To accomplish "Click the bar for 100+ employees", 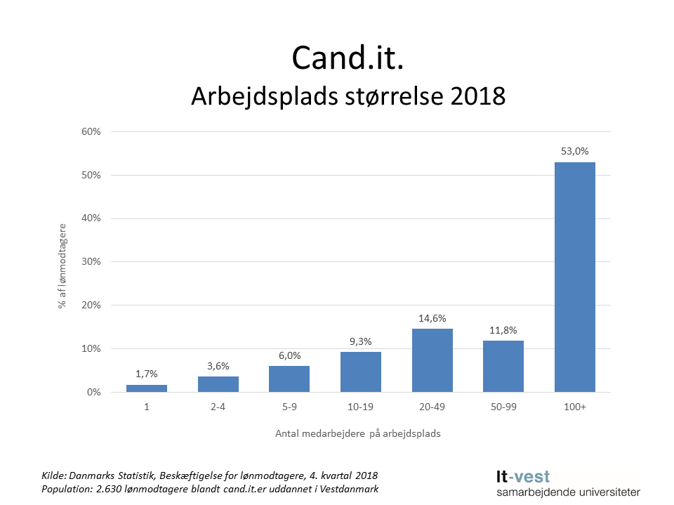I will pos(574,277).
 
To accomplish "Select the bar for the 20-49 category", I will pos(432,360).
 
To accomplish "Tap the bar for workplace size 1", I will pos(147,388).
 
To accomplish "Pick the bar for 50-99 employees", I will pos(503,366).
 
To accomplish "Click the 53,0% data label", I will pos(574,150).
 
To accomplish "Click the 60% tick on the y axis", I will pos(93,131).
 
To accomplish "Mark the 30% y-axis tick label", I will pos(93,262).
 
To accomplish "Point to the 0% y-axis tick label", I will pos(95,392).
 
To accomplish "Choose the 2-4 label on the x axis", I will pos(218,407).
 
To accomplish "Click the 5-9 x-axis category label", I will pos(289,407).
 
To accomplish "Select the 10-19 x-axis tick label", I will pos(360,407).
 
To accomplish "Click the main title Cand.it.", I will pos(348,59).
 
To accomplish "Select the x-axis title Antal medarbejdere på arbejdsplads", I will pos(357,433).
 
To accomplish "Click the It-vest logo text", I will pos(523,476).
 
